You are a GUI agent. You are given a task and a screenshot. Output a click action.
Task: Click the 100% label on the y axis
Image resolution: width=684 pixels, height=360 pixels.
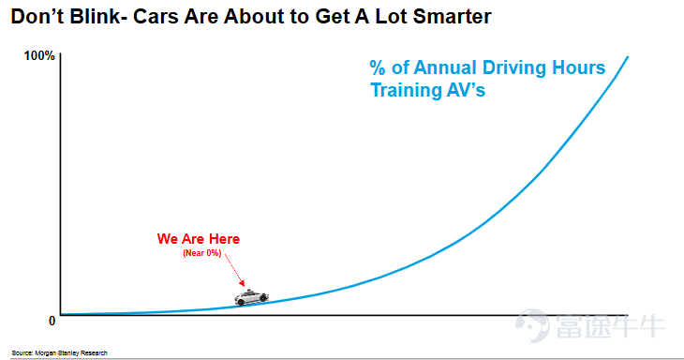click(39, 56)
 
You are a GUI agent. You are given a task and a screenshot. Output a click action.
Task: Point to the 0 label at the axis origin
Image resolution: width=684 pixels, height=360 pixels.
click(52, 322)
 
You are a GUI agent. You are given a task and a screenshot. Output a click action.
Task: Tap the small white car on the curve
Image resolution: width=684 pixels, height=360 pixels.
click(251, 297)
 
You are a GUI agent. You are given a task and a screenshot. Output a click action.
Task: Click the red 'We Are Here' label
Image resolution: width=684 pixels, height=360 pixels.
click(199, 239)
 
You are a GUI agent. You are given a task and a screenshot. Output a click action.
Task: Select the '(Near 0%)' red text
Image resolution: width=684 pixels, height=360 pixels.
click(202, 253)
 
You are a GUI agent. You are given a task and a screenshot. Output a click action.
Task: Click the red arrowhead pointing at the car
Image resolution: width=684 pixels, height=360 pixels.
click(242, 283)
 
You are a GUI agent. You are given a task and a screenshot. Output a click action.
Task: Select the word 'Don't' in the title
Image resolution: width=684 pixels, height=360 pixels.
click(37, 17)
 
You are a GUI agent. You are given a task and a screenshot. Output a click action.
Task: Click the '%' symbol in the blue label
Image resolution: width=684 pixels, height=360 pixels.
click(378, 68)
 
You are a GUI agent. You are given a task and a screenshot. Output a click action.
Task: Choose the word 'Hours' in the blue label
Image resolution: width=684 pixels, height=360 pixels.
click(578, 67)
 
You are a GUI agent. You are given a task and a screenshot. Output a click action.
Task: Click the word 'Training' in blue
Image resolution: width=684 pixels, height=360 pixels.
click(400, 90)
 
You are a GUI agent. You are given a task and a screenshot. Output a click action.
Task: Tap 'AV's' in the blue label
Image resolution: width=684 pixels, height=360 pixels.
click(460, 90)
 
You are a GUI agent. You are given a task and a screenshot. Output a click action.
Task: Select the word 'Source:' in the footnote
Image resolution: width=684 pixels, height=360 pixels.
click(22, 353)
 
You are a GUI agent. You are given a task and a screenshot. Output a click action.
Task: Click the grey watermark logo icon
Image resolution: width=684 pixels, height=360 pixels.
click(532, 325)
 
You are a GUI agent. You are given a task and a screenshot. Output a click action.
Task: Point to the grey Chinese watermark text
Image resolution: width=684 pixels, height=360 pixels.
click(610, 325)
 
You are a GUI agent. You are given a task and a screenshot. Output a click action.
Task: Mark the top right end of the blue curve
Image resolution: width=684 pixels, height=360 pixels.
click(628, 56)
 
